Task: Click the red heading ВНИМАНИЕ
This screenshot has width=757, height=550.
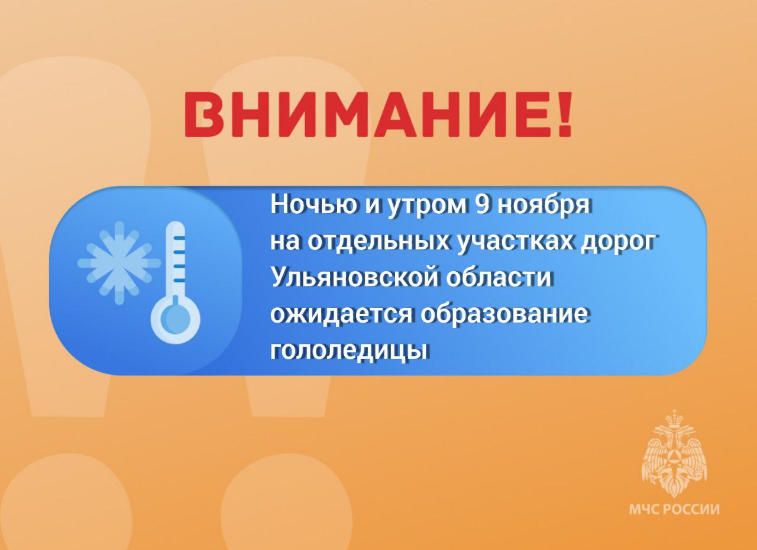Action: (377, 115)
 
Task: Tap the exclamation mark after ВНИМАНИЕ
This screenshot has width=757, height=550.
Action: (562, 115)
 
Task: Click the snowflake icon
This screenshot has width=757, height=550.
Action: (119, 263)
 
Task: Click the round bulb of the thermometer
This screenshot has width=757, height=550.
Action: (176, 319)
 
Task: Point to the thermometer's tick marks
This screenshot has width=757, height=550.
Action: (179, 259)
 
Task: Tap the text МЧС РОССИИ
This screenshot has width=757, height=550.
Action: (674, 519)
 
